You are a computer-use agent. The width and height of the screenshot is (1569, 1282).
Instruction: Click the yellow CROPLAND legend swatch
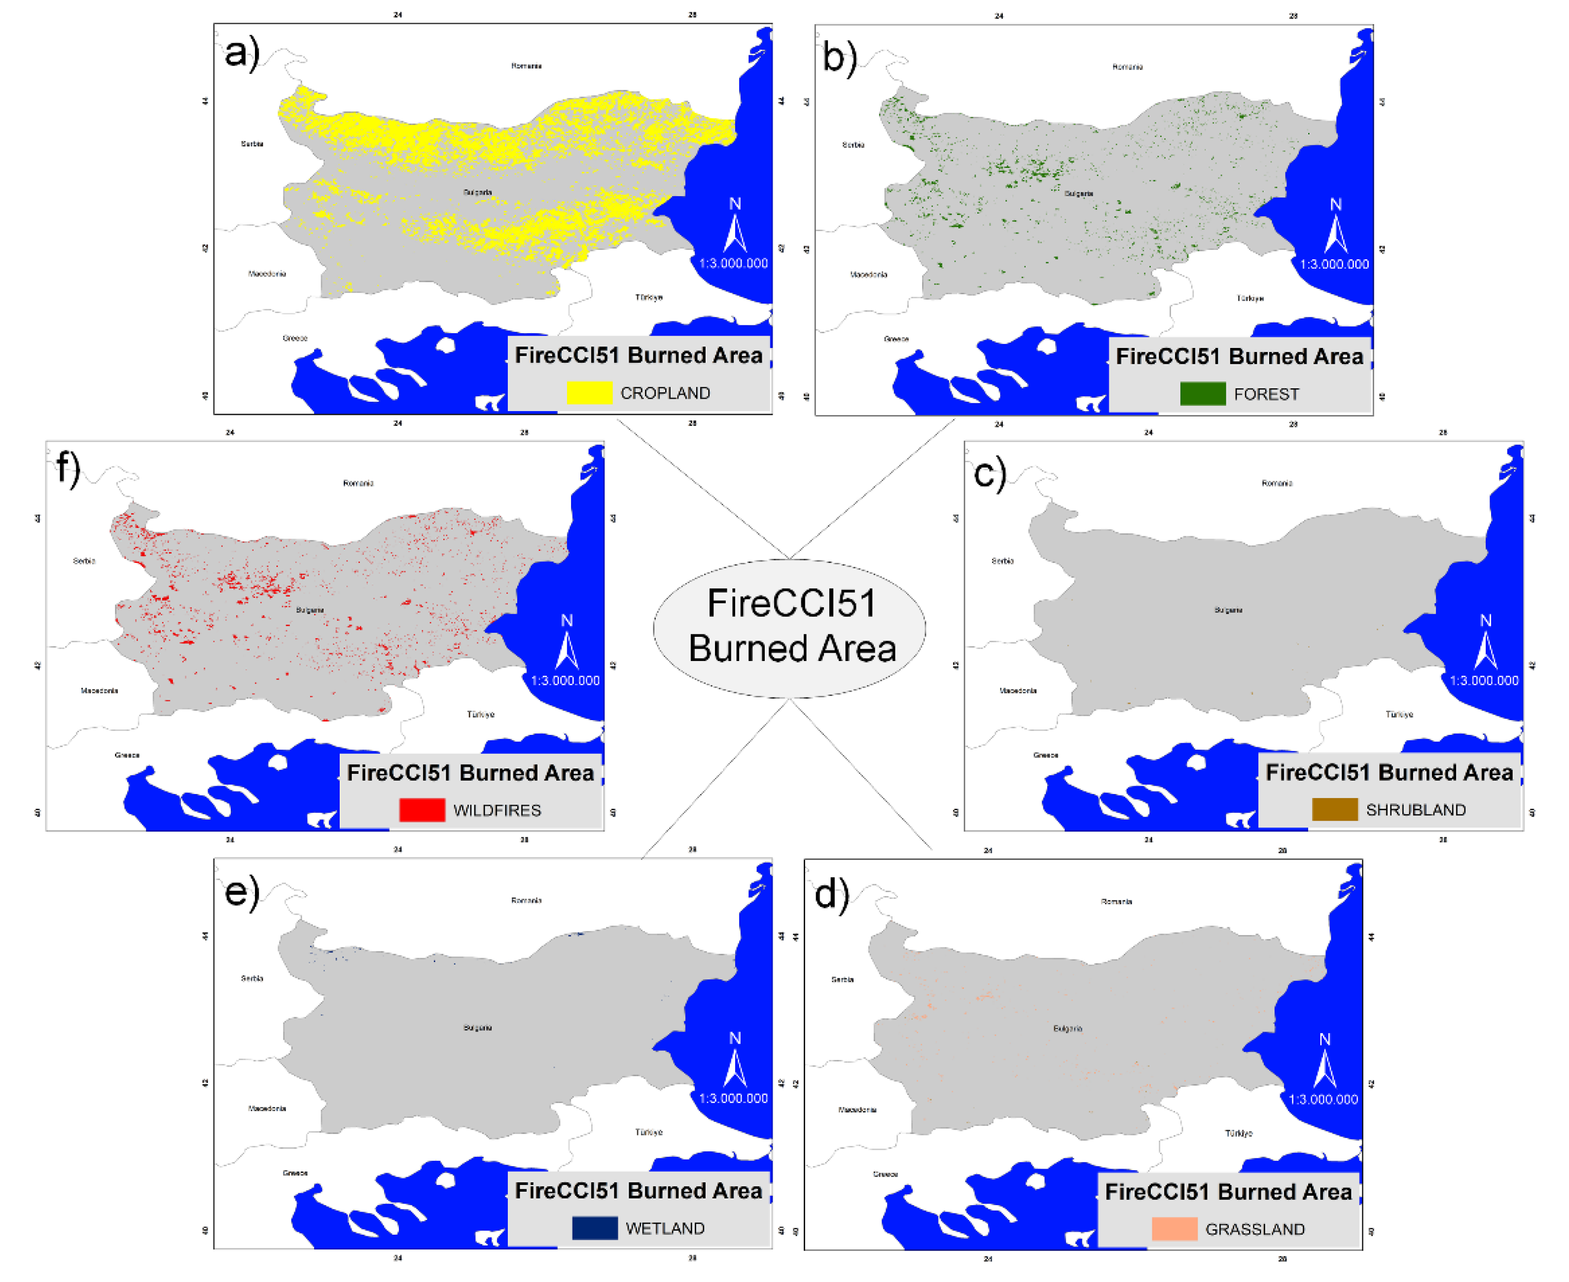pos(589,392)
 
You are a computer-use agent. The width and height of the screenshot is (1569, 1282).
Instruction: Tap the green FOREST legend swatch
pos(1203,394)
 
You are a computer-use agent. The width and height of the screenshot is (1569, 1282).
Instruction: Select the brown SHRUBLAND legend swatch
pos(1334,809)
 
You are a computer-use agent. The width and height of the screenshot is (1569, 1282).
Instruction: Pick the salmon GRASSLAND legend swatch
pos(1175,1229)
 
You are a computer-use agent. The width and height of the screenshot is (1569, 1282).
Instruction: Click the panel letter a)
pos(242,53)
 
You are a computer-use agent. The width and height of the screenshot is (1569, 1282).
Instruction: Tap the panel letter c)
pos(990,473)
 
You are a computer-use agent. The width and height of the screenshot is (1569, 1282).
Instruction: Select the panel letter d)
pos(832,894)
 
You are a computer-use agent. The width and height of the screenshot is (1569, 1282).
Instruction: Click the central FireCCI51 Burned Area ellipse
pos(789,628)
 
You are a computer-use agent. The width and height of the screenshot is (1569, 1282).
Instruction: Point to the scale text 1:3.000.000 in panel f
pos(565,680)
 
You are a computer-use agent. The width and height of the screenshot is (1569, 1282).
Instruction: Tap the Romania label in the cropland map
pos(526,66)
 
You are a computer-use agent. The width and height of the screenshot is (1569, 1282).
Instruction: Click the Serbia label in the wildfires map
pos(84,560)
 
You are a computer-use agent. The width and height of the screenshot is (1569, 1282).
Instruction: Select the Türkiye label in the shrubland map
pos(1399,714)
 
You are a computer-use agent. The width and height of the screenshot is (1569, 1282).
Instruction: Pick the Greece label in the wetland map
pos(295,1173)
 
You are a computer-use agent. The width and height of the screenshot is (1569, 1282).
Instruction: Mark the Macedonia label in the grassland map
pos(857,1109)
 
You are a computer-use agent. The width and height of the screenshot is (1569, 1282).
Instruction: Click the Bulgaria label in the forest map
pos(1078,194)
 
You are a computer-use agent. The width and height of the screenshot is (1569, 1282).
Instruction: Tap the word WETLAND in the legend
pos(665,1228)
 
